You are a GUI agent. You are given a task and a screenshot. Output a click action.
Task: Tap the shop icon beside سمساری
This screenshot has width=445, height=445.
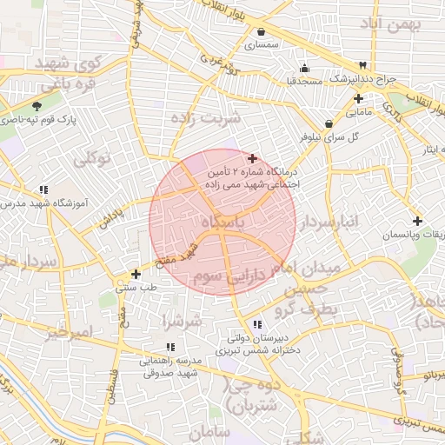point(262,31)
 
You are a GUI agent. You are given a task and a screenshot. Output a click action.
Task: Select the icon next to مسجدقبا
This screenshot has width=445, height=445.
point(303,69)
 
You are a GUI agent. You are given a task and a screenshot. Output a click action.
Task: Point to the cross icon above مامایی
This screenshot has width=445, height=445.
point(358,99)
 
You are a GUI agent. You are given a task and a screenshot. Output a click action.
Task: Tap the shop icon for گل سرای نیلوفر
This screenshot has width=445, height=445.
point(328,123)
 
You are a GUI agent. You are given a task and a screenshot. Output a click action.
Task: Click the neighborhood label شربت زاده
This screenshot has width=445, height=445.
point(205,117)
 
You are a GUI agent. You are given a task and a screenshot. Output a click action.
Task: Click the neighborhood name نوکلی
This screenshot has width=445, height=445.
point(92,159)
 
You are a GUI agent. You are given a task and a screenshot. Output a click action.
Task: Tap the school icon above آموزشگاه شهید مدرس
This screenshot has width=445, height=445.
point(43,189)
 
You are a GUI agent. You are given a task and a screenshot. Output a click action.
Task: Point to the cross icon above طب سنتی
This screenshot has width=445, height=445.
point(136,274)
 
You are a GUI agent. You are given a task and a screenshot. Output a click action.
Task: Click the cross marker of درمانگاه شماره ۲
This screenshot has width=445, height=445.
point(252,158)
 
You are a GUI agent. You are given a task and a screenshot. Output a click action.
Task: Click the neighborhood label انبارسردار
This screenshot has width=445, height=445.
point(328,223)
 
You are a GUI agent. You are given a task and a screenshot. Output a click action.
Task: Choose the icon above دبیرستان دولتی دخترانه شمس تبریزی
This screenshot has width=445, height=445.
point(256,324)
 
